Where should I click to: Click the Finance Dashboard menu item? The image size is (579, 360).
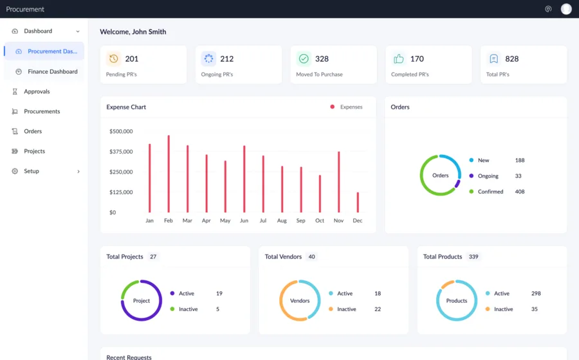52,71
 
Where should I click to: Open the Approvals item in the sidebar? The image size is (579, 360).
37,91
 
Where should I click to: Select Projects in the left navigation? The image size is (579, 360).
34,151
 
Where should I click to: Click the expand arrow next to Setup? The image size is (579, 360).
78,172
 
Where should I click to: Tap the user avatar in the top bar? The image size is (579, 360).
566,9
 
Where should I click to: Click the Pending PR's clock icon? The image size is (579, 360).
114,59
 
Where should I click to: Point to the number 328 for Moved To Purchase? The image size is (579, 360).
322,59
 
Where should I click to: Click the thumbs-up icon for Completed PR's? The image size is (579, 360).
399,59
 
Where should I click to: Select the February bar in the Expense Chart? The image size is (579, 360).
169,174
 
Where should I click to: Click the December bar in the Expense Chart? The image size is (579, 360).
358,202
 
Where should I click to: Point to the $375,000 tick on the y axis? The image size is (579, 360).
121,152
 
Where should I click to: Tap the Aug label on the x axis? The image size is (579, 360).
282,221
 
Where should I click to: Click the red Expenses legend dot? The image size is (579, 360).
333,107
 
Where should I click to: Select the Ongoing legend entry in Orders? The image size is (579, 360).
488,176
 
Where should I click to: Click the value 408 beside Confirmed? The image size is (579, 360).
519,192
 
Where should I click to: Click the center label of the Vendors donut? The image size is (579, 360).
300,301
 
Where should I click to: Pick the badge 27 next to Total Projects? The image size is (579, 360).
153,256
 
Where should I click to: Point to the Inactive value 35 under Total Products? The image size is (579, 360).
534,309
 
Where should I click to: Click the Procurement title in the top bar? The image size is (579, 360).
25,9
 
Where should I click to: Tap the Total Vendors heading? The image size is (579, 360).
283,256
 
